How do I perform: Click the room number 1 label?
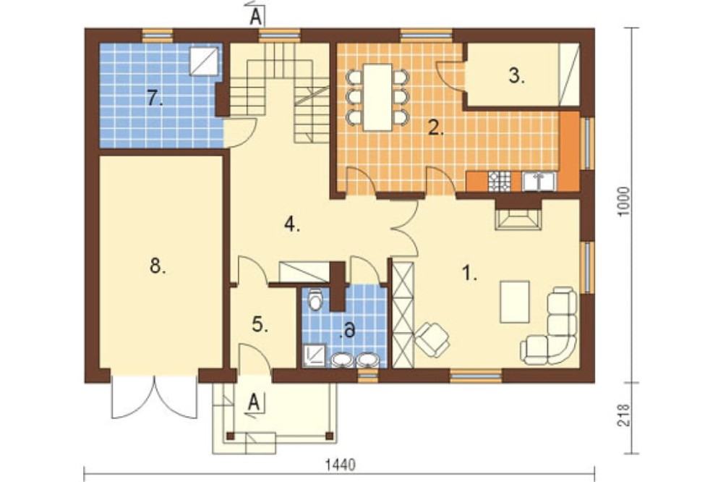tap(469, 274)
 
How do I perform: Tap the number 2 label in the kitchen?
tap(435, 128)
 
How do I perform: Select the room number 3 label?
tap(517, 75)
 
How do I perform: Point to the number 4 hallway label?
tap(292, 224)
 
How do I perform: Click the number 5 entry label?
tap(260, 325)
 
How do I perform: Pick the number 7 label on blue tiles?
tap(155, 98)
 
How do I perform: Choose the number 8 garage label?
tap(158, 266)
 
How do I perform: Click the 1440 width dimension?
tap(341, 465)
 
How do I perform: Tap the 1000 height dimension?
tap(623, 202)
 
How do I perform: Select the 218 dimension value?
tap(623, 415)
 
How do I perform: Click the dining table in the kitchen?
tap(377, 98)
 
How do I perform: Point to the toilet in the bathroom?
tap(316, 300)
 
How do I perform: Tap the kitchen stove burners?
tap(500, 181)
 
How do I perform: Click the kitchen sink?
tap(539, 181)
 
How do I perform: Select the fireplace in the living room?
tap(518, 218)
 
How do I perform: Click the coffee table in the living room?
tap(515, 302)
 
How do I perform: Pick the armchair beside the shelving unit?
tap(432, 339)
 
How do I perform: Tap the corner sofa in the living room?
tap(553, 328)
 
